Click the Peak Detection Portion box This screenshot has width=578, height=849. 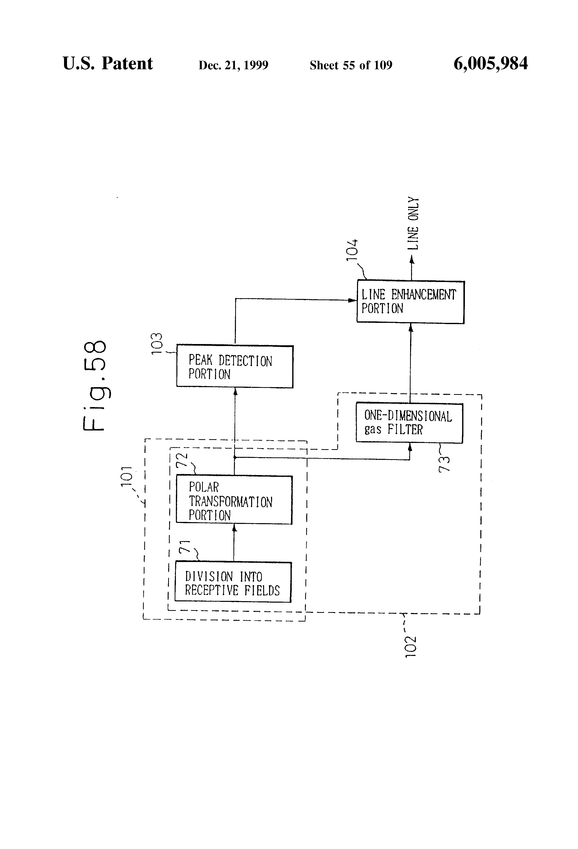tap(234, 366)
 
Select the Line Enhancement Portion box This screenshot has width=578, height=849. tap(410, 302)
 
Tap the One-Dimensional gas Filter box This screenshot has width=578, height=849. tap(409, 423)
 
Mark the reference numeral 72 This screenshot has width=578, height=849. tap(182, 460)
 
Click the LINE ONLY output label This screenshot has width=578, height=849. tap(413, 223)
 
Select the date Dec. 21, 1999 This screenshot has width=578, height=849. tap(233, 65)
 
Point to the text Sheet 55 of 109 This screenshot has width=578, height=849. tap(351, 65)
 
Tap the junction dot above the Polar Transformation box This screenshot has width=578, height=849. tap(234, 457)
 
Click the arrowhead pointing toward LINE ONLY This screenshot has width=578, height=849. tap(412, 259)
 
